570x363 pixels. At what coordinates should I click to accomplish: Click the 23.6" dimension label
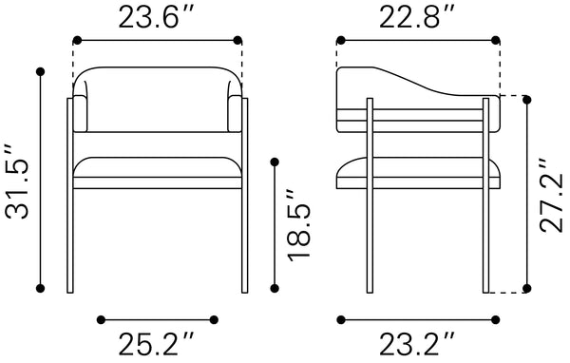pyautogui.click(x=157, y=17)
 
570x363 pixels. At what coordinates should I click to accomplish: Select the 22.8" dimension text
pyautogui.click(x=417, y=17)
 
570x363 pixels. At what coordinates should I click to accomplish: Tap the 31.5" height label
pyautogui.click(x=17, y=181)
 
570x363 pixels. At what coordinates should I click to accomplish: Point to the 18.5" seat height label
pyautogui.click(x=299, y=225)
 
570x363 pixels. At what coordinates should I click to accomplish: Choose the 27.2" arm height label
pyautogui.click(x=551, y=196)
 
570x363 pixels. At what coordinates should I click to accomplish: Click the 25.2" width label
pyautogui.click(x=157, y=344)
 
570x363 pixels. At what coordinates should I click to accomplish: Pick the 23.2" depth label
pyautogui.click(x=417, y=344)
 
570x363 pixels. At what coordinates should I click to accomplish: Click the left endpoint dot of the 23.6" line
pyautogui.click(x=77, y=40)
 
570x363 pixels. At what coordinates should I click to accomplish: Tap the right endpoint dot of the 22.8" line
pyautogui.click(x=496, y=40)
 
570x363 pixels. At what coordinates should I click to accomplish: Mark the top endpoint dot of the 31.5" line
pyautogui.click(x=40, y=71)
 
